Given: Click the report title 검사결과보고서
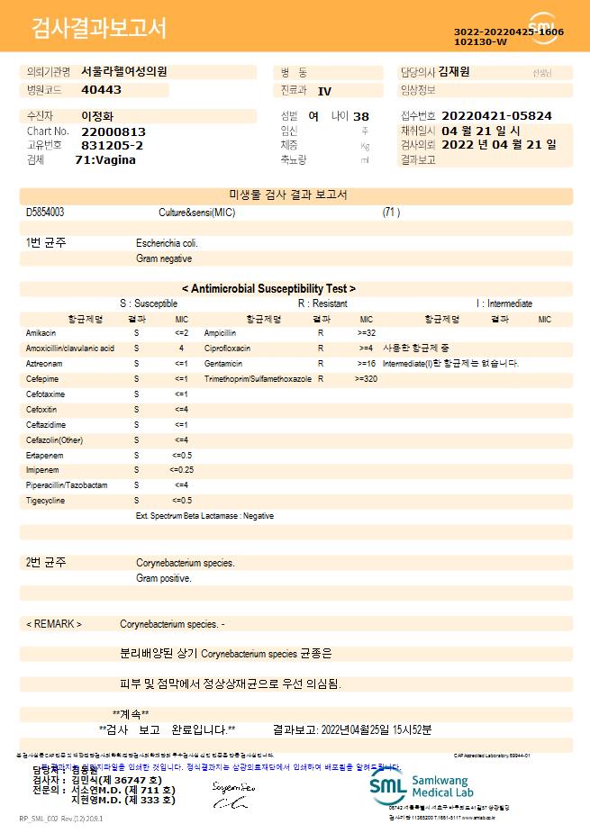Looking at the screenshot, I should coord(99,29).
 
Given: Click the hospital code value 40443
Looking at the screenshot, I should coord(101,90).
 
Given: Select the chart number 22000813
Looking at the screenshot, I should coord(113,131).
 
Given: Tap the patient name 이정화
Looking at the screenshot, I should coord(95,116).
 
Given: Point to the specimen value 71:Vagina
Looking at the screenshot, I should coord(105,159).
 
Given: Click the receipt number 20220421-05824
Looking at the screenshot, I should coord(496,116).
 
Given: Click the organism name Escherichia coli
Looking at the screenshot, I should coord(167,243).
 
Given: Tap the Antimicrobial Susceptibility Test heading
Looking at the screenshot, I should coord(268,288).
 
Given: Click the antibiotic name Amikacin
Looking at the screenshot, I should coord(41,333).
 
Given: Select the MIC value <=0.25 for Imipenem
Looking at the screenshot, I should coord(181,470).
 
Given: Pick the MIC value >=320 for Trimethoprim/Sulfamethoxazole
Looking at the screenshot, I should coord(366,379).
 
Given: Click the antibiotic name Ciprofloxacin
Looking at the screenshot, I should coord(227,349).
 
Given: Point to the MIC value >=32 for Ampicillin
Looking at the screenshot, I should coord(366,333).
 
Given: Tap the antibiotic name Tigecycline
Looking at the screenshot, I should coord(45,501).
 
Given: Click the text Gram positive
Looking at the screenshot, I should coord(164,578).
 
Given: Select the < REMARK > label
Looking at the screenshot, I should coord(54,624).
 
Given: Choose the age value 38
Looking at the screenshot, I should coord(361,116).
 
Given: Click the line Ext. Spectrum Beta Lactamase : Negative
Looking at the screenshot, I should coord(204,516).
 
